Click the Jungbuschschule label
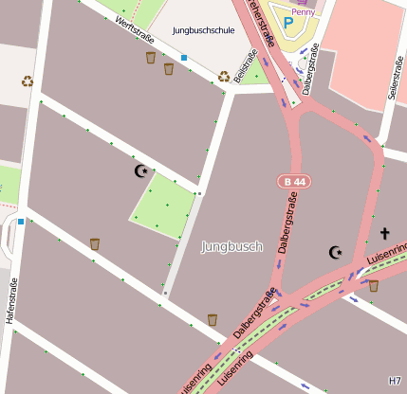tap(203, 30)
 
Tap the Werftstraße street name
tap(134, 27)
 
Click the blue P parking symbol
tap(287, 21)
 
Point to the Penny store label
tap(303, 12)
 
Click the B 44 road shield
tap(294, 180)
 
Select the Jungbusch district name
tap(231, 247)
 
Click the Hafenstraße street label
tap(12, 301)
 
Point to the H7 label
tap(396, 380)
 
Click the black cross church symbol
tap(384, 233)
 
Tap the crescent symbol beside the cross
tap(335, 252)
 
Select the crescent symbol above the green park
tap(141, 171)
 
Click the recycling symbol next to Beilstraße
tap(224, 76)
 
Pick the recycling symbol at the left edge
tap(28, 81)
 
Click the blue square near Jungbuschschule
tap(184, 58)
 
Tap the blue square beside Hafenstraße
tap(21, 222)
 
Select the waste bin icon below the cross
tap(373, 285)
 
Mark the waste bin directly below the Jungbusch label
tap(212, 319)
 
